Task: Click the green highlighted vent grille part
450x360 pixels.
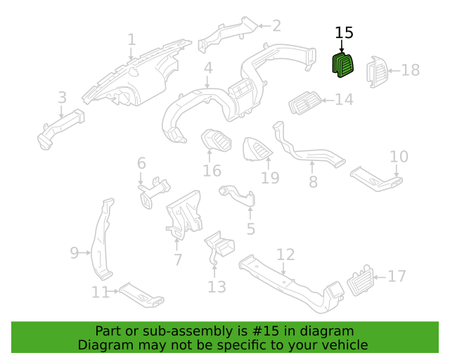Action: pos(342,65)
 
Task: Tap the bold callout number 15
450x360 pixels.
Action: pos(344,33)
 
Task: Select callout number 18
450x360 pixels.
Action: pos(411,70)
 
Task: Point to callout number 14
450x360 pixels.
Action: pos(344,100)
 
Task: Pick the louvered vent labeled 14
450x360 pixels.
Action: pos(305,103)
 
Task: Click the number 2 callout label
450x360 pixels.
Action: pos(276,26)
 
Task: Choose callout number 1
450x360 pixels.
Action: pos(131,39)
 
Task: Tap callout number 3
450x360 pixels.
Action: pos(63,98)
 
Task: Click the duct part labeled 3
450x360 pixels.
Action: pos(61,129)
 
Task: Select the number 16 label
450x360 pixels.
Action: pos(212,171)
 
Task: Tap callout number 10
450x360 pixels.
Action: pos(399,157)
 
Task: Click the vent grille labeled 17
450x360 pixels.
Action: pos(360,281)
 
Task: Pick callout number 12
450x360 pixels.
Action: pos(285,255)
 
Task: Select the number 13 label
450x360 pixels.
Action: pos(217,287)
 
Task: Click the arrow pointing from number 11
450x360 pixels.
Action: pos(113,291)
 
